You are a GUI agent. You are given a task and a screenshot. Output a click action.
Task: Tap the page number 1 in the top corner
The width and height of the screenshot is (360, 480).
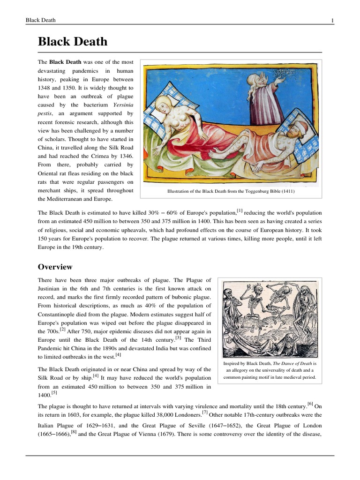coord(332,20)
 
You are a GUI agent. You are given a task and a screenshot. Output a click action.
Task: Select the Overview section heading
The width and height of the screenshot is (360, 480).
coord(55,267)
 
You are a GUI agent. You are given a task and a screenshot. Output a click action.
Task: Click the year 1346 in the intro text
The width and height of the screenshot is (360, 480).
coord(125,156)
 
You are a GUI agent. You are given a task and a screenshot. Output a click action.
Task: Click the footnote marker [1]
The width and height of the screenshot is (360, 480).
coord(240,211)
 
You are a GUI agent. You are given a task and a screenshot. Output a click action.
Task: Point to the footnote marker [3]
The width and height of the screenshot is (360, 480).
coord(178,337)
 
